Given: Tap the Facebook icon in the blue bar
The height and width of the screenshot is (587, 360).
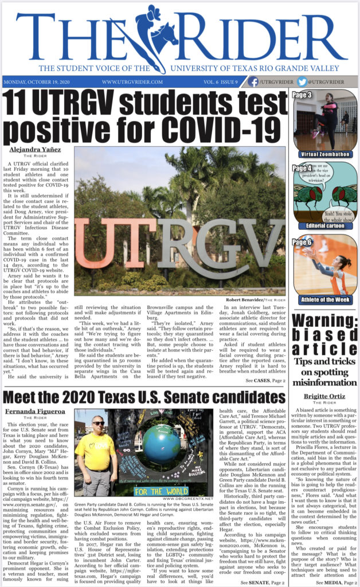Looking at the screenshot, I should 252,82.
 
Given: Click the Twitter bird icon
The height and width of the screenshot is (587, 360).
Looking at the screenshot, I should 302,82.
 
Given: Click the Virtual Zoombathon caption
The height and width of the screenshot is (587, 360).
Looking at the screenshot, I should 326,154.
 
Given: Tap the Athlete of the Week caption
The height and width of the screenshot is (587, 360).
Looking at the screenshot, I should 326,299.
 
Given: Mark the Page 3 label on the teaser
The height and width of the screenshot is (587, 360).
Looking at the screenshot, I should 302,95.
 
